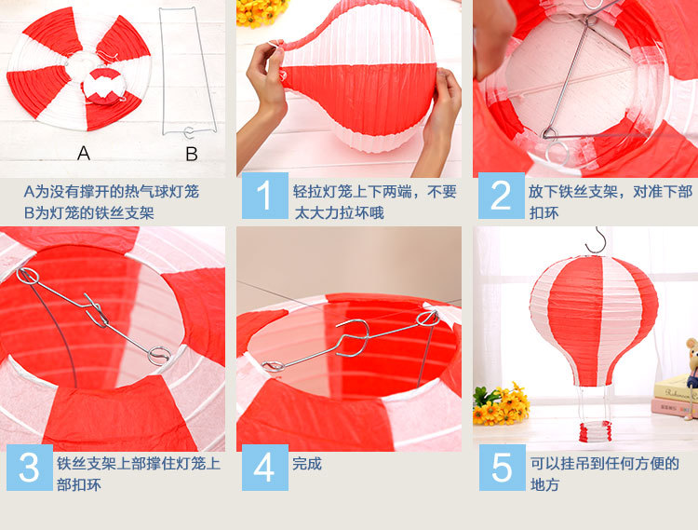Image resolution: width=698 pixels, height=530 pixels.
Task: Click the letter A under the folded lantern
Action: pos(83,154)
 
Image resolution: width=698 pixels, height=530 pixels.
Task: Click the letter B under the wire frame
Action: pos(192,154)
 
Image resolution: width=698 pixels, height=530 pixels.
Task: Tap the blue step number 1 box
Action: pos(265,196)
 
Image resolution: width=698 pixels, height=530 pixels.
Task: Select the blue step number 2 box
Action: pos(502,196)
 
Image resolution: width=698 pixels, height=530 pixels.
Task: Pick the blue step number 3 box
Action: pos(30,468)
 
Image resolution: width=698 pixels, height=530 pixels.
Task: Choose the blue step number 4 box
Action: pos(265,468)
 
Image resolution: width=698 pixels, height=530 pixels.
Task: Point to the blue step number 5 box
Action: pos(503,468)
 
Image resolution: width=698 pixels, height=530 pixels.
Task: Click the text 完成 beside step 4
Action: pos(307,464)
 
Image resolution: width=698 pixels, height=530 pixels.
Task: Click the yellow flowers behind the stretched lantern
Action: pos(261,11)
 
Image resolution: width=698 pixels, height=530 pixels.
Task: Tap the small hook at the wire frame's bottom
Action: pos(189,132)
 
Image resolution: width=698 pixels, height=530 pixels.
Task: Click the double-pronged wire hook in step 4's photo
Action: pos(354,337)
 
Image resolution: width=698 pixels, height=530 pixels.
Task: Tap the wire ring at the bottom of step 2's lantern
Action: pos(557,153)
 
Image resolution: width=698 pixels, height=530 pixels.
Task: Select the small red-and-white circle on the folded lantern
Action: pos(103,86)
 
